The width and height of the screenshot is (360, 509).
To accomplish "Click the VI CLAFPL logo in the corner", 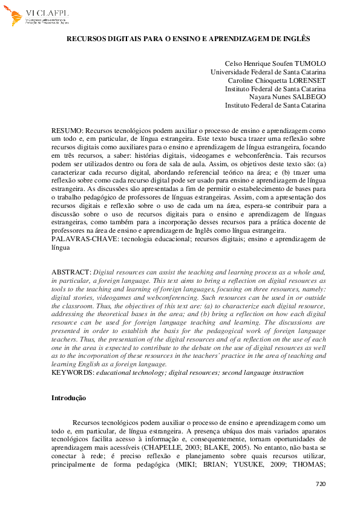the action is [x=36, y=17].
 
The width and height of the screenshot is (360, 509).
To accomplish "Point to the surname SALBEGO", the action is [x=309, y=97].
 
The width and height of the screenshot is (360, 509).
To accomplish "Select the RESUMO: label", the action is [x=67, y=130].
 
